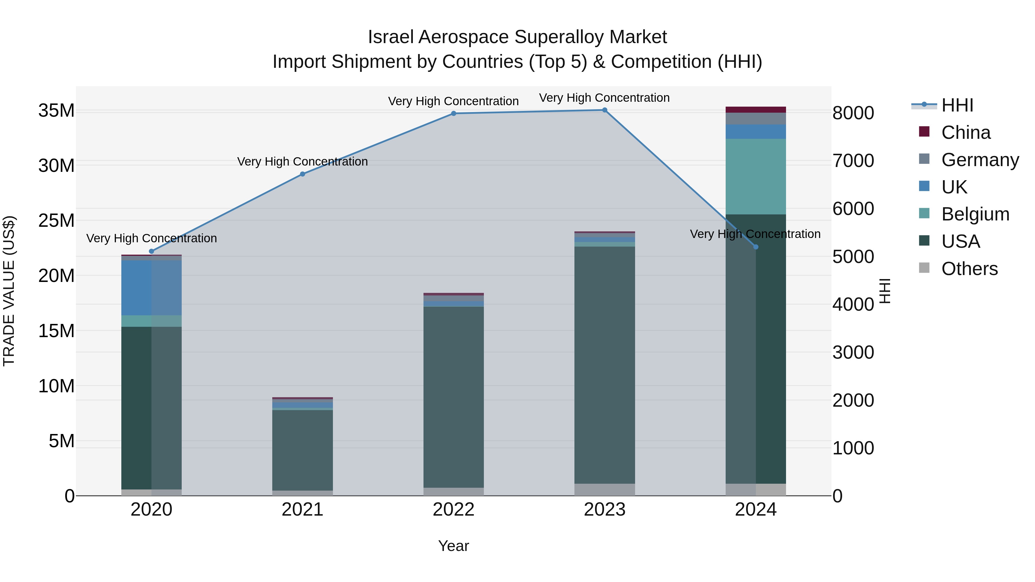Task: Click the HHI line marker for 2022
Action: coord(454,113)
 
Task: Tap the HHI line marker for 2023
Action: coord(605,110)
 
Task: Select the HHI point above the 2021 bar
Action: coord(302,174)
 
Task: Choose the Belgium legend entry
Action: coord(975,214)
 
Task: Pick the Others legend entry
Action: coord(969,269)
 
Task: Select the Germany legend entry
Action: coord(980,160)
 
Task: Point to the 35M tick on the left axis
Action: coord(56,110)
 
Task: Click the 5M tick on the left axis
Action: coord(62,441)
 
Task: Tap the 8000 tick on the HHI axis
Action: coord(853,113)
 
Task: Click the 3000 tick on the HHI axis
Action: coord(853,353)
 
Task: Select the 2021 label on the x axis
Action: coord(302,510)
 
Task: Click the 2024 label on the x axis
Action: coord(756,510)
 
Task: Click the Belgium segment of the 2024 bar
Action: coord(756,177)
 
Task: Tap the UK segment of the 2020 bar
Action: coord(152,288)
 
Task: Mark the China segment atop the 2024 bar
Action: coord(756,110)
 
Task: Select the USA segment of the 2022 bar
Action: coord(454,397)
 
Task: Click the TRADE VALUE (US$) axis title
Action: coord(9,291)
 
